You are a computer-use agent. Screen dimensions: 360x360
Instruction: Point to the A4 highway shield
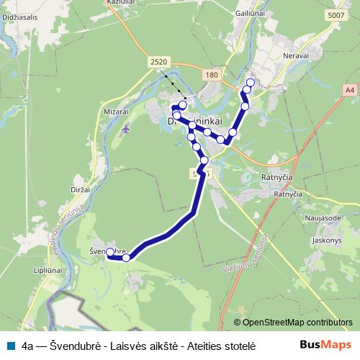pyautogui.click(x=349, y=90)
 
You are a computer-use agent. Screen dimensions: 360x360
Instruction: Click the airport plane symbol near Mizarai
pyautogui.click(x=127, y=130)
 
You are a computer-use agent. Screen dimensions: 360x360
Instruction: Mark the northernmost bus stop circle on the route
pyautogui.click(x=251, y=82)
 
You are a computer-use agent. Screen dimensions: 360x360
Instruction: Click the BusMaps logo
pyautogui.click(x=325, y=343)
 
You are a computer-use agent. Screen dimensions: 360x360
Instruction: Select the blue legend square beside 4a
pyautogui.click(x=9, y=344)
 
